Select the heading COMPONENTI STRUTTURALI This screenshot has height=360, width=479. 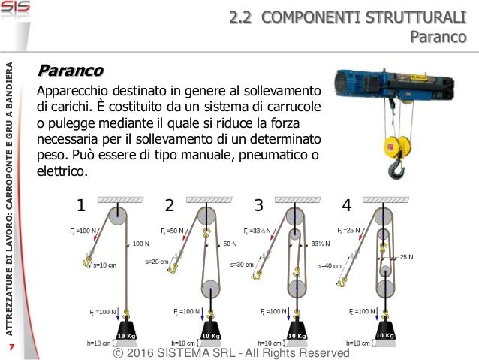point(368,16)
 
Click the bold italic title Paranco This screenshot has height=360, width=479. point(71,71)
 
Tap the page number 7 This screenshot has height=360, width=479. point(11,347)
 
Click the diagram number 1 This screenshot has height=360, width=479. point(82,205)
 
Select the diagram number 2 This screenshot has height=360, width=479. point(170,205)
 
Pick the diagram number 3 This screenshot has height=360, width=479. point(258,205)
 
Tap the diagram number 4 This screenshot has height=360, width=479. point(346,205)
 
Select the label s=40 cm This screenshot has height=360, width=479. point(330,265)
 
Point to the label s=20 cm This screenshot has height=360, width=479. point(156,262)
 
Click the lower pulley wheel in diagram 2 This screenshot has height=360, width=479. point(209,289)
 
